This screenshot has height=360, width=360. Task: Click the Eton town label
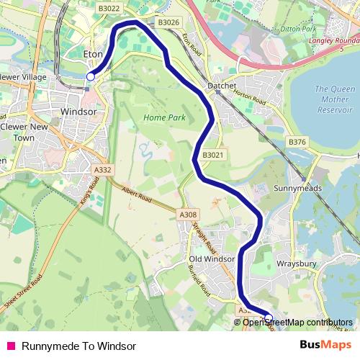94,54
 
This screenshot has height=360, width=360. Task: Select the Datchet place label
222,86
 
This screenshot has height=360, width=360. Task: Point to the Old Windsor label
212,258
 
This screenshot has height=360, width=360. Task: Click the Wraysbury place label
297,264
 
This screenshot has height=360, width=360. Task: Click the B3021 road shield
213,155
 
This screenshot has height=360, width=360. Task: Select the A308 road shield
187,215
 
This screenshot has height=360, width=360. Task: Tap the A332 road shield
103,170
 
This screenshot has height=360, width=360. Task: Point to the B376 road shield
297,143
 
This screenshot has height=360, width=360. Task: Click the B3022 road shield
109,9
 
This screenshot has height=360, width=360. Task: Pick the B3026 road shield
168,22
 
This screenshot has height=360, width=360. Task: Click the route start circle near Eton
91,76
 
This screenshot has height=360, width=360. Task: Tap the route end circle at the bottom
269,317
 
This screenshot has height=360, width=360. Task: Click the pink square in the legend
11,346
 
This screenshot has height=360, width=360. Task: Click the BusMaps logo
325,345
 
